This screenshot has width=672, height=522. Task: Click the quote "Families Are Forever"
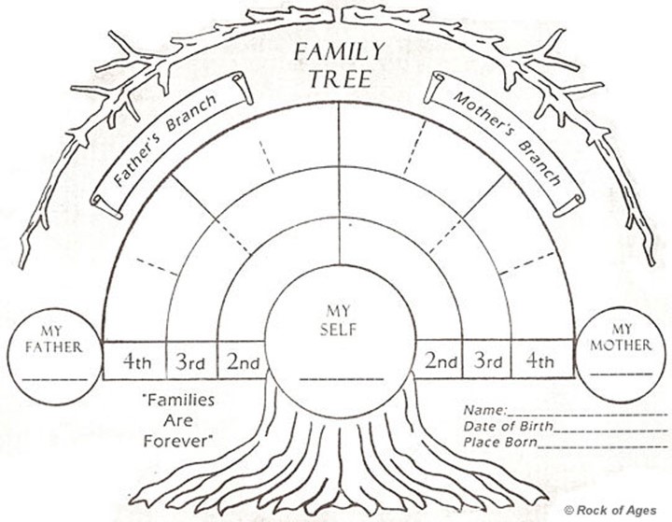point(177,419)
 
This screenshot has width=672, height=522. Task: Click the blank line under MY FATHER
point(54,378)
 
